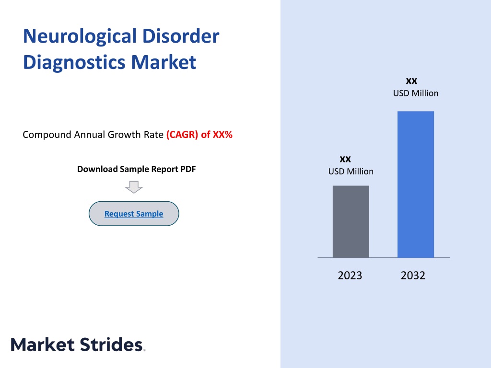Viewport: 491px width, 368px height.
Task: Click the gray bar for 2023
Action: coord(351,221)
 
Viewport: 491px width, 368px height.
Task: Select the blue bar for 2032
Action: coord(416,184)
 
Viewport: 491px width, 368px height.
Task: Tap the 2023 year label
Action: coord(350,276)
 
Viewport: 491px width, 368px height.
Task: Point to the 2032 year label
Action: coord(413,276)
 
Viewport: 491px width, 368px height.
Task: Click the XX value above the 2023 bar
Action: coord(345,159)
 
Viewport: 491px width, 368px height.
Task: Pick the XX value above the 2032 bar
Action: coord(411,81)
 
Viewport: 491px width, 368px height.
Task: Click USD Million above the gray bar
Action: coord(351,172)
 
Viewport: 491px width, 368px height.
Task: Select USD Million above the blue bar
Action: coord(416,93)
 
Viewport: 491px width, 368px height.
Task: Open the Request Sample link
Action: coord(134,214)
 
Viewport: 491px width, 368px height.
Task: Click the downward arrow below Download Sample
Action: coord(134,187)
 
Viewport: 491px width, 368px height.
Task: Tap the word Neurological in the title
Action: coord(80,37)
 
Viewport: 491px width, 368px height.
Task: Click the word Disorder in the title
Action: coord(181,36)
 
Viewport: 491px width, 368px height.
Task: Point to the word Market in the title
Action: coord(164,62)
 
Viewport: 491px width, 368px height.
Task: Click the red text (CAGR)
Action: coord(182,135)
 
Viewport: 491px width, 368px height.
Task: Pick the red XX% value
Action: coord(222,135)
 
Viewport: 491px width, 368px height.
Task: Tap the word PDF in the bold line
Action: coord(188,169)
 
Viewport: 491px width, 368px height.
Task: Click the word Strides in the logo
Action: coord(111,345)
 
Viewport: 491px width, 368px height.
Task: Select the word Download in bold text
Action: coord(97,169)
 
